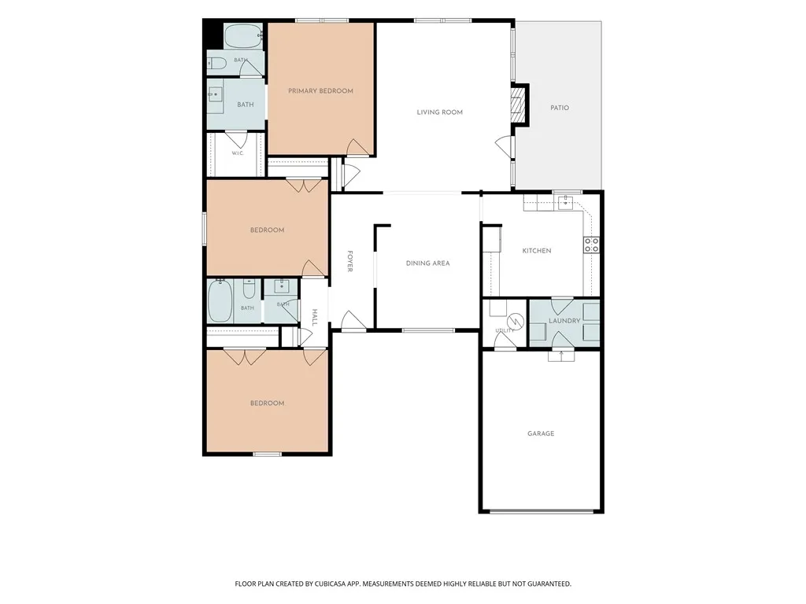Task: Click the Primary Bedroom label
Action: (320, 91)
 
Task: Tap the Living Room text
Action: (439, 112)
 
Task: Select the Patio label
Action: (560, 108)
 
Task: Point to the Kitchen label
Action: (537, 251)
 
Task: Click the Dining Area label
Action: (427, 263)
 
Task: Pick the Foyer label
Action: (350, 261)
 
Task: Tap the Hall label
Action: (315, 318)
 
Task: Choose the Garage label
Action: (541, 433)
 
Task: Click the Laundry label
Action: (564, 321)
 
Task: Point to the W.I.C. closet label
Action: (238, 153)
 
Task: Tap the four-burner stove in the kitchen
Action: (591, 245)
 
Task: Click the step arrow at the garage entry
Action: (560, 355)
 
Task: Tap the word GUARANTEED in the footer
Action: (550, 584)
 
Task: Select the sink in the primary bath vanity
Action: (215, 94)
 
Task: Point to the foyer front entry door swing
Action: (353, 320)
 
